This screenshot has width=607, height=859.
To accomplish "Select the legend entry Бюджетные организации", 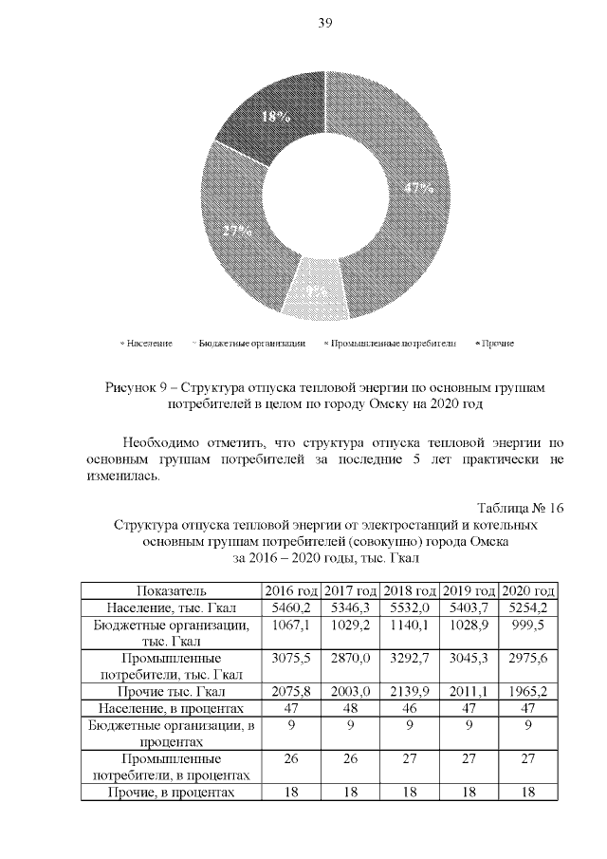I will tap(248, 343).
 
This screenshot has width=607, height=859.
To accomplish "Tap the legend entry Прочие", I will tap(494, 343).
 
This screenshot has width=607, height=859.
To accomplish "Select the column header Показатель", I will tap(171, 590).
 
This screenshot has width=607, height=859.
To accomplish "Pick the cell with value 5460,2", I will tap(290, 607).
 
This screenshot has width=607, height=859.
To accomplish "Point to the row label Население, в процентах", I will tap(171, 709).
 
